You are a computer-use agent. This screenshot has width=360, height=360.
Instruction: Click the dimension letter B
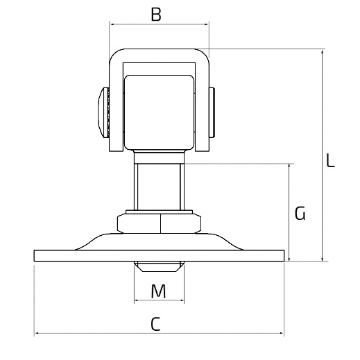click(x=156, y=15)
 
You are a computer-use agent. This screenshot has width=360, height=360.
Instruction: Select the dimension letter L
click(x=330, y=160)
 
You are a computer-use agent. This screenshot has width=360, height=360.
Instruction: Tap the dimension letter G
click(x=300, y=213)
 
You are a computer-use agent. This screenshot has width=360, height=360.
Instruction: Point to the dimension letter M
click(x=158, y=291)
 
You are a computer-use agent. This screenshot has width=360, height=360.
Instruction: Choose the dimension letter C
click(x=155, y=324)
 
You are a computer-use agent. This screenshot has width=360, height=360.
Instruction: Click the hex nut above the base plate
click(x=159, y=223)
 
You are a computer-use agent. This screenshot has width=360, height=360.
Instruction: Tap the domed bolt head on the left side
click(x=103, y=112)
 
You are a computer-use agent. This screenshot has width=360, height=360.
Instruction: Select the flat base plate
click(x=159, y=256)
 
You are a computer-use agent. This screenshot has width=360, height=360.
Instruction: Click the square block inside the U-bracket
click(x=159, y=112)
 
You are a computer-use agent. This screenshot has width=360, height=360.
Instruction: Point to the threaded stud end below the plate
click(x=159, y=266)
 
